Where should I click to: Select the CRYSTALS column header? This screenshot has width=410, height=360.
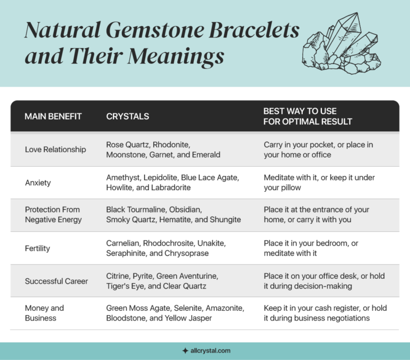click(x=128, y=116)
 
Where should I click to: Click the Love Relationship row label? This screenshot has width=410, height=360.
click(x=56, y=150)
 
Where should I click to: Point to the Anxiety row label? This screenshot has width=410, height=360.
click(x=38, y=183)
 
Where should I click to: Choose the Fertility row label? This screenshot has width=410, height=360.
click(x=38, y=248)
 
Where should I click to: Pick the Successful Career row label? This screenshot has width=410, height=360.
click(x=57, y=281)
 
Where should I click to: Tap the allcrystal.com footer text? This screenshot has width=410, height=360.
click(x=210, y=351)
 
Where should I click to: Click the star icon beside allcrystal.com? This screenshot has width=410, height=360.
click(x=185, y=351)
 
